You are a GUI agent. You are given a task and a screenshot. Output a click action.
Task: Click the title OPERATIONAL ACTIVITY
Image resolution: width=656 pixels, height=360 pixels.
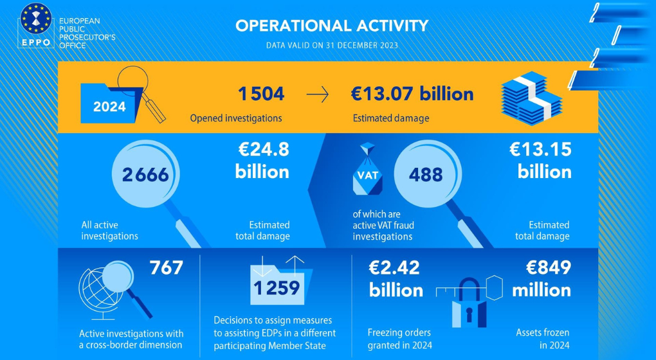(332, 26)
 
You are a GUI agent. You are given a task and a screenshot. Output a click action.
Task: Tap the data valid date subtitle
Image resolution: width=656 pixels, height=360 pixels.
(332, 46)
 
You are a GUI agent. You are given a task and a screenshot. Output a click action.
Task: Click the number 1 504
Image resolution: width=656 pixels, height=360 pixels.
(260, 94)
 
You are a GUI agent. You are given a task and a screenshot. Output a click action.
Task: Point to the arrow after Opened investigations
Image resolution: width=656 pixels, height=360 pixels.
(317, 95)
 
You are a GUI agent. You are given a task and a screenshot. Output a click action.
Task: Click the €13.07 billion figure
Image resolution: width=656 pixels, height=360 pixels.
(412, 94)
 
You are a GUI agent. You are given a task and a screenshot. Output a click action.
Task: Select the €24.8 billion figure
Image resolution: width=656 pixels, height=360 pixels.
(262, 161)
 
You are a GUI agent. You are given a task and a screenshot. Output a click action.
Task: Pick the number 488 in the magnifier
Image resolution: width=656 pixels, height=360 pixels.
(426, 174)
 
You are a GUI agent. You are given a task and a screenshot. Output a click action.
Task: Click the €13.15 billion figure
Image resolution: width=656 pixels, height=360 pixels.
(540, 161)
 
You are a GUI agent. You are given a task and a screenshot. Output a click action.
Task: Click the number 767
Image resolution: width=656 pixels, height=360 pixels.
(166, 267)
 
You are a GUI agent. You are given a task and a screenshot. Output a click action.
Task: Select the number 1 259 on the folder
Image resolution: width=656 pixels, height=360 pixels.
(276, 287)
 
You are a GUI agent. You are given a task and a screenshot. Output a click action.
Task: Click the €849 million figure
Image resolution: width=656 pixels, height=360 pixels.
(542, 278)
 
